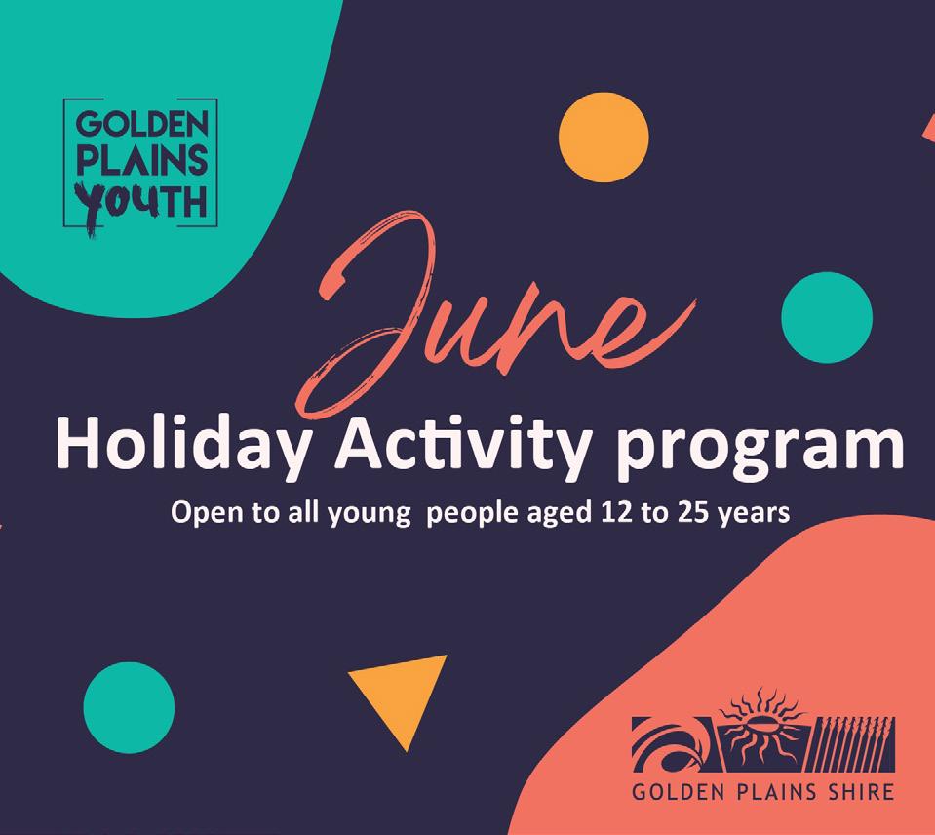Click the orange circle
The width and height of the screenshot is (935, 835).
pyautogui.click(x=604, y=138)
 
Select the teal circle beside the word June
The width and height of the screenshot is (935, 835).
pyautogui.click(x=827, y=317)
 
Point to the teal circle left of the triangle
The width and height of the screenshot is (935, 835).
pyautogui.click(x=129, y=708)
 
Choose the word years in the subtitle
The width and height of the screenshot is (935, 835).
pyautogui.click(x=755, y=515)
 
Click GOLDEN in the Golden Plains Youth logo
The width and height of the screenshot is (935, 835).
pyautogui.click(x=142, y=124)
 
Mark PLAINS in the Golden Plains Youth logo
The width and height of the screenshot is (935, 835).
pyautogui.click(x=142, y=160)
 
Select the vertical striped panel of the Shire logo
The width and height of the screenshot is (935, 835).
pyautogui.click(x=854, y=743)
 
